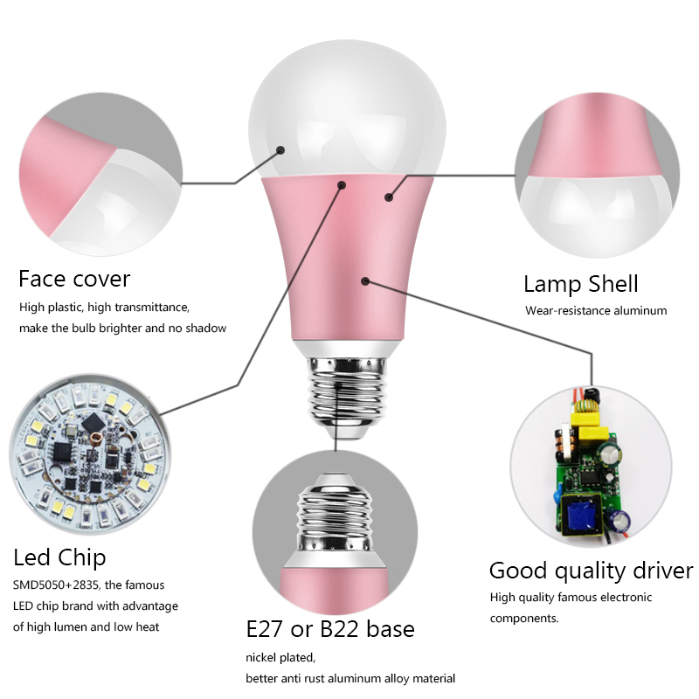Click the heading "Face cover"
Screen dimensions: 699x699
coord(74,279)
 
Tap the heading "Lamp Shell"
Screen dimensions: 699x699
coord(581,284)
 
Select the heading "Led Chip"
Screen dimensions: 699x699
coord(59,557)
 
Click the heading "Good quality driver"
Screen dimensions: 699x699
coord(591,571)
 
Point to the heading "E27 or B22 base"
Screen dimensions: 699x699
coord(330,629)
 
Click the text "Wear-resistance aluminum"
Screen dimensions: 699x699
coord(596,310)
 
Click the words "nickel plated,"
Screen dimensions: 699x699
coord(279,657)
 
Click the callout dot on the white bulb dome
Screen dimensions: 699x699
coord(281,149)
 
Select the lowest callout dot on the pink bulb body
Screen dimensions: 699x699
coord(365,280)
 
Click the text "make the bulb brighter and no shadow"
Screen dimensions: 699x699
coord(123,329)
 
